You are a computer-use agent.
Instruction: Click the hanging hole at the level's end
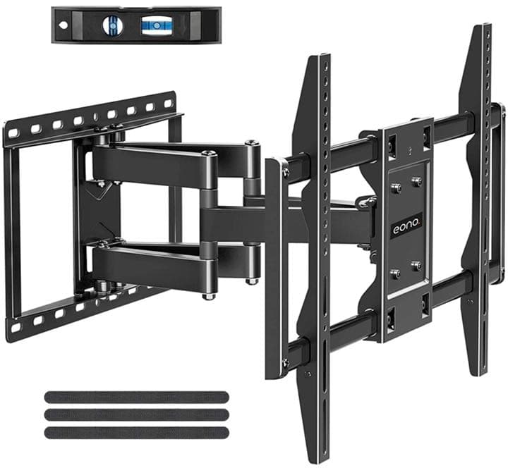click(64, 25)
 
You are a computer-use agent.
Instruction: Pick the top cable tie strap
click(136, 397)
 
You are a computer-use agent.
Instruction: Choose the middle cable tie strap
click(136, 414)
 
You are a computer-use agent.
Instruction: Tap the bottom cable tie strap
click(136, 433)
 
